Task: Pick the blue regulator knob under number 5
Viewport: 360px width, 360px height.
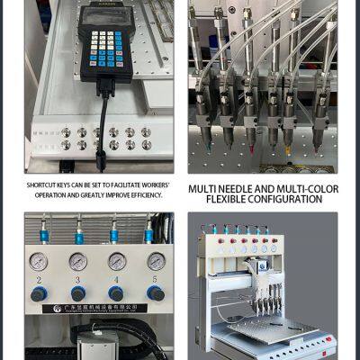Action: (156, 293)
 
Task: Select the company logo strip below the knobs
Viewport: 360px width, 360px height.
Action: (94, 308)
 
